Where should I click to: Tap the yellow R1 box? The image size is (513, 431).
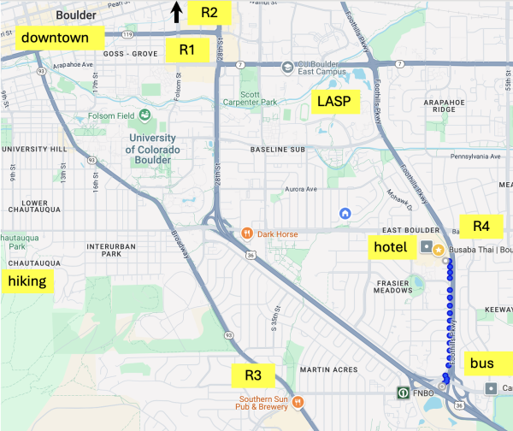click(x=187, y=50)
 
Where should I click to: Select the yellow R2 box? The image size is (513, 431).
click(x=209, y=12)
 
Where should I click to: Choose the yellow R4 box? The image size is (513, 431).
click(x=481, y=227)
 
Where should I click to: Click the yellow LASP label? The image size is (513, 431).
click(x=334, y=101)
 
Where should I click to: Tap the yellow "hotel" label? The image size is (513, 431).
click(x=393, y=247)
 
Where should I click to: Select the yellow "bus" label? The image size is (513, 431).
click(x=481, y=363)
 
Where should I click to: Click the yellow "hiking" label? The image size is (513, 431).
click(x=27, y=281)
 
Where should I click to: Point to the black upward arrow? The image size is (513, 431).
click(x=176, y=11)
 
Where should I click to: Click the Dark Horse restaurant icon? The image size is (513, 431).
click(x=246, y=232)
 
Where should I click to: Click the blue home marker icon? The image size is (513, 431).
click(x=345, y=213)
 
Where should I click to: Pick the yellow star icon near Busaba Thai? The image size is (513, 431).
click(x=439, y=250)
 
